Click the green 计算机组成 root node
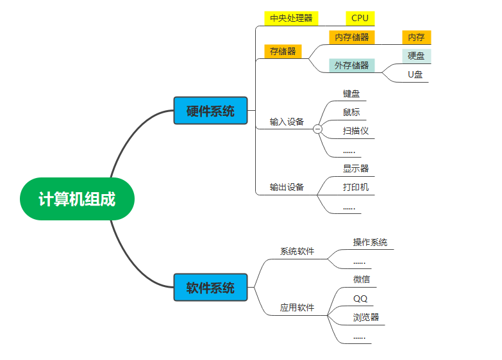coord(77,199)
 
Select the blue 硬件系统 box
coord(210,111)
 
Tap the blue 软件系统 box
coord(210,287)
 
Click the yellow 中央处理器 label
coord(291,18)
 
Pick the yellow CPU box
coord(360,18)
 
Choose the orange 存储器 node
coord(283,51)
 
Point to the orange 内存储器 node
coord(351,37)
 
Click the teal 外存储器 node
coord(351,65)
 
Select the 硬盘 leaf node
coord(416,56)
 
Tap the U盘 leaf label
coord(415,74)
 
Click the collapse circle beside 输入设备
coord(317,129)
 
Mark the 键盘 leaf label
coord(351,94)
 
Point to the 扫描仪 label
coord(356,131)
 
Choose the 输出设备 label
coord(287,187)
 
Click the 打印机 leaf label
coord(356,187)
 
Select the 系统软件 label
coord(297,251)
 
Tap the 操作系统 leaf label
coord(370,242)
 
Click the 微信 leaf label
coord(361,279)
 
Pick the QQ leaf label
coord(360,299)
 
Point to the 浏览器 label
coord(365,317)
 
